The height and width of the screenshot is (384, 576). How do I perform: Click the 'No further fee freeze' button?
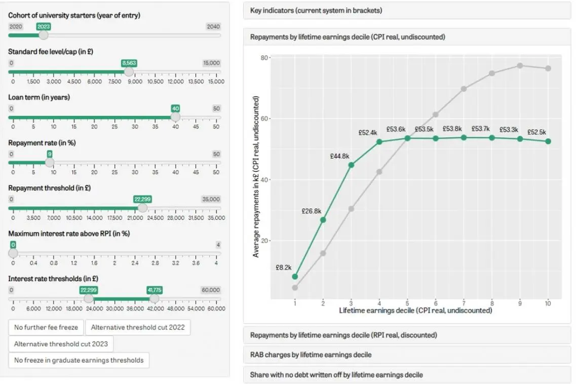46,327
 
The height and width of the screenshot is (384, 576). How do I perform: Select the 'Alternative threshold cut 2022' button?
138,327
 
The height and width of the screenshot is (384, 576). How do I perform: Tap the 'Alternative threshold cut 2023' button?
61,344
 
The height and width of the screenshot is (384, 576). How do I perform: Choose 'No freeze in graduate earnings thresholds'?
79,360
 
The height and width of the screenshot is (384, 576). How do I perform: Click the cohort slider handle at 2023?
44,35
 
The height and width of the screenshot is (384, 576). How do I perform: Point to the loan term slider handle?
176,117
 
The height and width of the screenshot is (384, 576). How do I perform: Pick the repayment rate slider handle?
50,163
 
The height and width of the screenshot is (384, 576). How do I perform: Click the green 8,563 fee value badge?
129,63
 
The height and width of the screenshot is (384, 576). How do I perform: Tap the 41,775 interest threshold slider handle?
155,298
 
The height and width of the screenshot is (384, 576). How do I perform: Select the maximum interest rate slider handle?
13,253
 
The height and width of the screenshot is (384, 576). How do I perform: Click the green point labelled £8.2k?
295,277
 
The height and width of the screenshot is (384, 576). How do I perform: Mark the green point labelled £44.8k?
351,165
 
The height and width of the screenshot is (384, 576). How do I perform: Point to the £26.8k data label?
311,211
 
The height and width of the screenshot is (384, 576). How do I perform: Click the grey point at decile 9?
520,66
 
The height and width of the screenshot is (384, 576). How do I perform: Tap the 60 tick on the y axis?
264,119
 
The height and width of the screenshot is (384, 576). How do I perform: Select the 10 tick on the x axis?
548,303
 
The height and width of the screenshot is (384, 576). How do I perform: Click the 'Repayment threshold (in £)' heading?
50,188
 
